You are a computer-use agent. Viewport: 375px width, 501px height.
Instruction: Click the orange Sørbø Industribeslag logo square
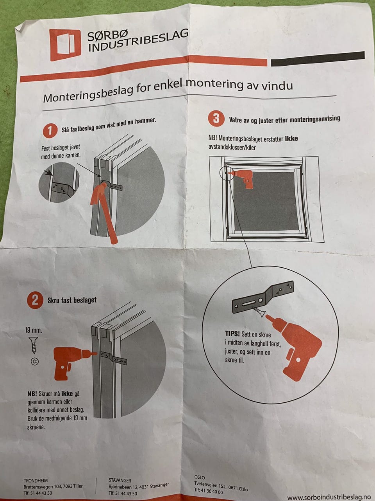pyautogui.click(x=65, y=45)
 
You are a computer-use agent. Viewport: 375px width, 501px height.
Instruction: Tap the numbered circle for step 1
pyautogui.click(x=50, y=131)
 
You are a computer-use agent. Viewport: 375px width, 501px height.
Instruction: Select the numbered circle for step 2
pyautogui.click(x=35, y=301)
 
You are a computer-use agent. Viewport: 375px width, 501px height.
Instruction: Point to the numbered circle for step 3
pyautogui.click(x=216, y=119)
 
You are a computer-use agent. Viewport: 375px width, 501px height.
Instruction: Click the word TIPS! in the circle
pyautogui.click(x=232, y=333)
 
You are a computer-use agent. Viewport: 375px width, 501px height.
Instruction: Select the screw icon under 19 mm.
pyautogui.click(x=33, y=345)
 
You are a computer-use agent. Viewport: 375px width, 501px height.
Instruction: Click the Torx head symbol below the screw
pyautogui.click(x=35, y=361)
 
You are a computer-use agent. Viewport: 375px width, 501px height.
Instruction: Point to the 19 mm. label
pyautogui.click(x=34, y=330)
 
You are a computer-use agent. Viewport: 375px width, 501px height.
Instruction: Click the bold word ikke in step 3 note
pyautogui.click(x=291, y=139)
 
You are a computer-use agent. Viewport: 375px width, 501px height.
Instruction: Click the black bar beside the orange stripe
pyautogui.click(x=318, y=59)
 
